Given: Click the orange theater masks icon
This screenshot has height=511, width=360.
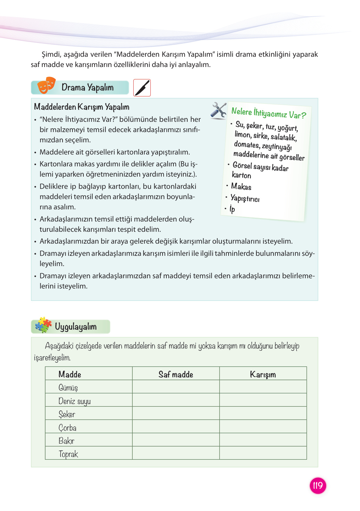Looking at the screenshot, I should [46, 86].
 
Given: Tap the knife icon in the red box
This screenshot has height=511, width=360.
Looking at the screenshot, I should [142, 88].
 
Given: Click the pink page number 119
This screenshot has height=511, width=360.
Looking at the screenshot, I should [318, 485].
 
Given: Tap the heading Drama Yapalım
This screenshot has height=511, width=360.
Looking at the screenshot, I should [88, 88].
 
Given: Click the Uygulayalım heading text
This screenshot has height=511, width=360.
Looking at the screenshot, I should [76, 327].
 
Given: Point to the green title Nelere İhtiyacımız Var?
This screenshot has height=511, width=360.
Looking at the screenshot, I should [269, 113].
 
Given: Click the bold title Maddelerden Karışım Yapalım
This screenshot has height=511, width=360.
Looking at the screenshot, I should [82, 107].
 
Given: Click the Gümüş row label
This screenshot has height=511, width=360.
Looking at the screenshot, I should [68, 388].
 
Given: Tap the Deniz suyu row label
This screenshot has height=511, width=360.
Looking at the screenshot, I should [75, 401].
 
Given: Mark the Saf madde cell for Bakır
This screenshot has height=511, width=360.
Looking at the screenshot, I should [176, 440].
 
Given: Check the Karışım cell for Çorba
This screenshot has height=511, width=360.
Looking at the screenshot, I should [263, 427].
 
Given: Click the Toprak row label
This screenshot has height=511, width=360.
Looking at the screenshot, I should [69, 454].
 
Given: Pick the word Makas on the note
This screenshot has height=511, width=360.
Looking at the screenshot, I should [241, 187].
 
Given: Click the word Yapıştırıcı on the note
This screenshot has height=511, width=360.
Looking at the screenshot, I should [245, 198].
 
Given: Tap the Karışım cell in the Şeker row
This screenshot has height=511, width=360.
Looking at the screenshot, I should [263, 413].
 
